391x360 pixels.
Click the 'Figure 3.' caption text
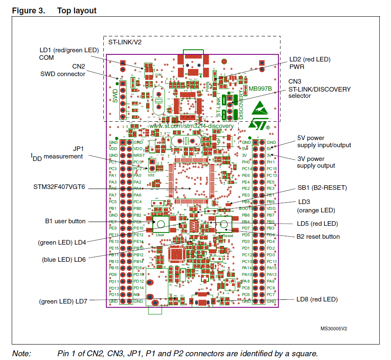[x=28, y=10]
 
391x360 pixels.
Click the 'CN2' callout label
[x=79, y=66]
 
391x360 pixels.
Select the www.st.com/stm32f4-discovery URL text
[x=191, y=125]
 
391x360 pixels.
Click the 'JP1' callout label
[x=79, y=148]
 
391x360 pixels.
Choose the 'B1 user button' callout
[x=65, y=221]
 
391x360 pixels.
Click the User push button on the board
[x=160, y=224]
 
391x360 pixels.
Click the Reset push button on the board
[x=224, y=224]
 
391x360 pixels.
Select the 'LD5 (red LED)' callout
[x=318, y=223]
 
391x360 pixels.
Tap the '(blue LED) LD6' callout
[x=64, y=259]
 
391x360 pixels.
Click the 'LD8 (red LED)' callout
[x=317, y=299]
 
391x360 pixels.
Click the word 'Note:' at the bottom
[x=21, y=353]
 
